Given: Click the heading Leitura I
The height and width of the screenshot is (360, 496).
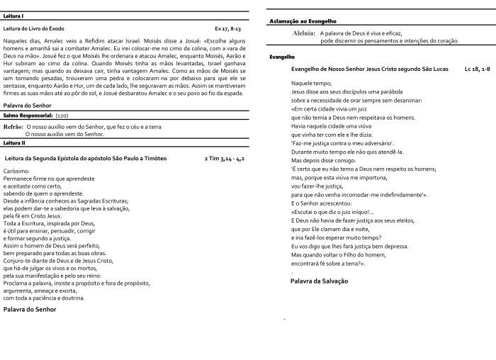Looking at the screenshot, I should pos(14,16).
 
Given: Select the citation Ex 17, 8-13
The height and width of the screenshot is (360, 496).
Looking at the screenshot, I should pos(227,28).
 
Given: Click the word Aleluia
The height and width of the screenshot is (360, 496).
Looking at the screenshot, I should pos(303,33).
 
